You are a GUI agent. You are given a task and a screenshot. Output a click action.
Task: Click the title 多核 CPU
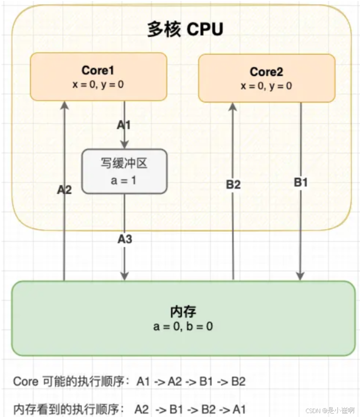tap(185, 30)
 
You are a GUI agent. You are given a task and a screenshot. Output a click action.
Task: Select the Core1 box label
tap(98, 70)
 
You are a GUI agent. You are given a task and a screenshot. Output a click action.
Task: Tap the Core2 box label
tap(266, 72)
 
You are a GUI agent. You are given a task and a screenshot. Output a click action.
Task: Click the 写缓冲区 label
tap(124, 163)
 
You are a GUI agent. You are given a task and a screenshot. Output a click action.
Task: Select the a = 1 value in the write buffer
tap(124, 180)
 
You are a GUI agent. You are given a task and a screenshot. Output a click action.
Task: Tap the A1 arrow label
tap(124, 125)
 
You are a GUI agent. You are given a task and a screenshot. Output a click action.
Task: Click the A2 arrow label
tap(64, 189)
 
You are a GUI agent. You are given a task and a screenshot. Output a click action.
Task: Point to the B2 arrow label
tap(233, 184)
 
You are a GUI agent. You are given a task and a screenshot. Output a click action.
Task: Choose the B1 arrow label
tap(300, 182)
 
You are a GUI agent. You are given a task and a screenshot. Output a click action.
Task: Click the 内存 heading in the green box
tap(183, 312)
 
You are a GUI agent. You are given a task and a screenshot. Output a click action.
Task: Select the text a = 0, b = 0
tap(183, 326)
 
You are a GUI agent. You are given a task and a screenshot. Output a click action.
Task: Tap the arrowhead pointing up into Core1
tap(64, 105)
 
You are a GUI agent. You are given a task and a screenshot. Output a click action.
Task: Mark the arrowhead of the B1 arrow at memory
tap(300, 276)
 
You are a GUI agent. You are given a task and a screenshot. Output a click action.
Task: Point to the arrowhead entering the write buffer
tap(124, 145)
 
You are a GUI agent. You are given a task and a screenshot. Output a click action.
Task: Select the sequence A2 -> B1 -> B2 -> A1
tap(190, 409)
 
